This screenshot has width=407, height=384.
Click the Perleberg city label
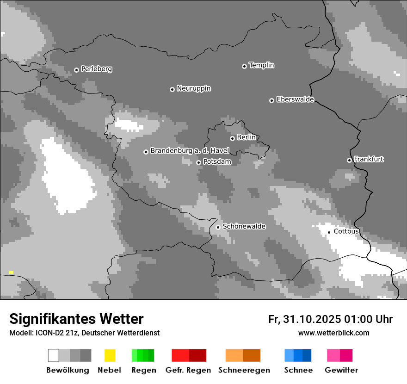coord(96,69)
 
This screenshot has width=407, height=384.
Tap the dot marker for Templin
coord(244,66)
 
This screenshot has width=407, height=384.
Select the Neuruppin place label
coord(193,88)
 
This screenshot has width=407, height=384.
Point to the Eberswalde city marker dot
coord(271,100)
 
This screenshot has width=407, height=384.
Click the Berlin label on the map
coord(246,137)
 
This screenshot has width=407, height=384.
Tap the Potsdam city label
coord(217,162)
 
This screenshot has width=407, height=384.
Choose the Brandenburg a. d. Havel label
coord(190,151)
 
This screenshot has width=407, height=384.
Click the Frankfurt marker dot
coord(349,160)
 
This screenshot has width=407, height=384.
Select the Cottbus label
coord(346,231)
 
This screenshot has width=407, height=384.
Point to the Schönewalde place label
coord(244,226)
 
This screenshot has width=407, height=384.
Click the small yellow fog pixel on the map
coord(11,273)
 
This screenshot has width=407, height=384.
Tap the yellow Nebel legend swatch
coord(110,355)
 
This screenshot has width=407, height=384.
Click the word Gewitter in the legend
coord(341,370)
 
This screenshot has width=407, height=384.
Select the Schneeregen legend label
coord(244,370)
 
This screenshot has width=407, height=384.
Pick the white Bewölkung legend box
coord(54,355)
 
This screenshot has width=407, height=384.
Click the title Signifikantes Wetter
coord(76,319)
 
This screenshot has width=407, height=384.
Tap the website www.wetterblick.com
coord(333,333)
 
